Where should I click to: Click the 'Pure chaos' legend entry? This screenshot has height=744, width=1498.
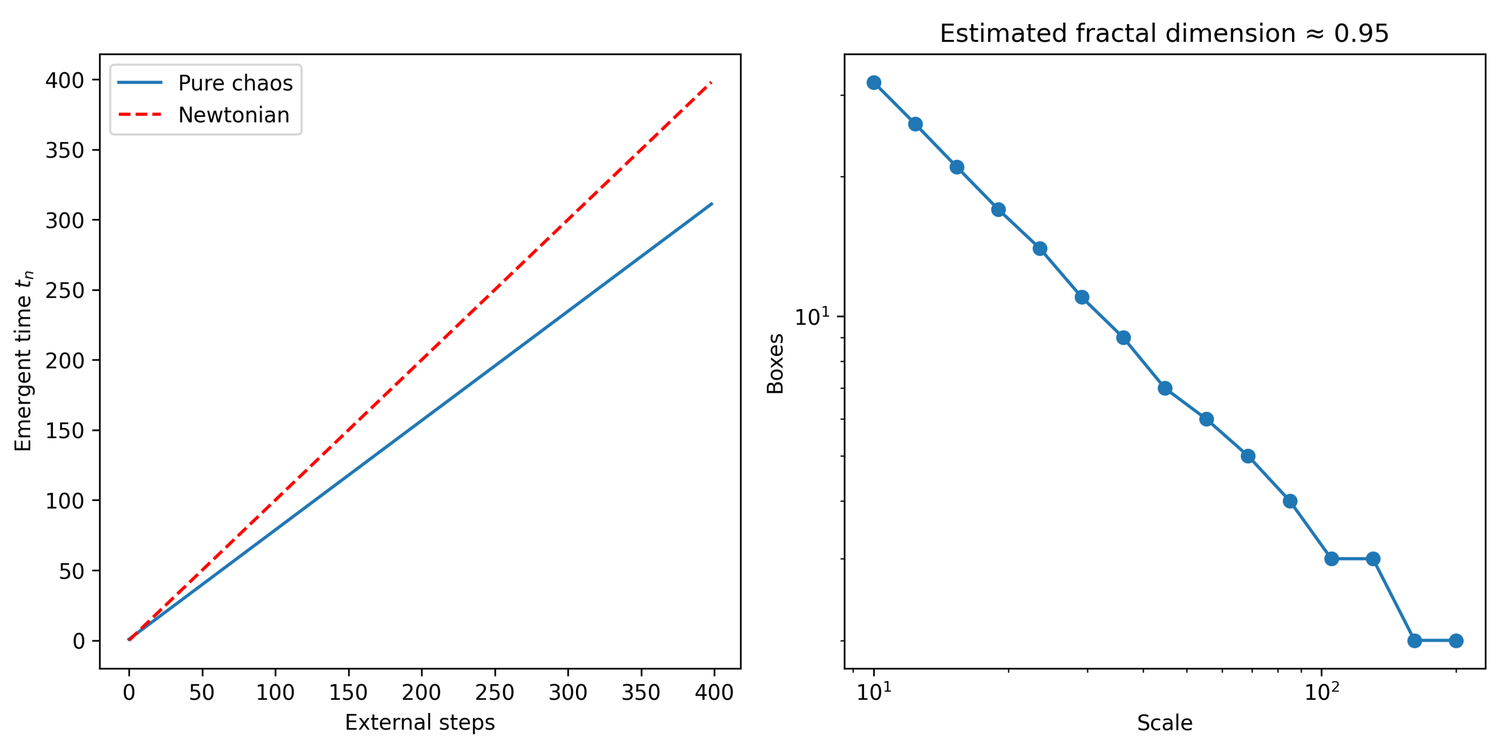point(235,83)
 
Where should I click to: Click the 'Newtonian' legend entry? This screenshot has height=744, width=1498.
point(233,115)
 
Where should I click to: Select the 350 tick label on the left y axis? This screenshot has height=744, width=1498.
point(65,151)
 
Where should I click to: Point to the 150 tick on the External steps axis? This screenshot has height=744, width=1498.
point(348,692)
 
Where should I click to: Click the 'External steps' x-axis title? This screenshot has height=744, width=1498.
point(420,722)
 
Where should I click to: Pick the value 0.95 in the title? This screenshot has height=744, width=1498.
point(1361,33)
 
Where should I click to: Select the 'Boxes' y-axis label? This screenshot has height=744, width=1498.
point(775,364)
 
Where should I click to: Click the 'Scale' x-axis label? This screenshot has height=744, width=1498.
point(1165,723)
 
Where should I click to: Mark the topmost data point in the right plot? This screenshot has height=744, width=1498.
point(874,82)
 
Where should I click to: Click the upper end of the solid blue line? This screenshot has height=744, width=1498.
point(712,204)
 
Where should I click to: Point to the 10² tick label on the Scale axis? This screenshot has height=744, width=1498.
point(1321,692)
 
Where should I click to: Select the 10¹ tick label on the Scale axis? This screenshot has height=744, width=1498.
point(874,692)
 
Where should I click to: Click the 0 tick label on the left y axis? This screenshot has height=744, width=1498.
point(78,641)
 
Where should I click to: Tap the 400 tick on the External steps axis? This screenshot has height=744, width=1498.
point(714,692)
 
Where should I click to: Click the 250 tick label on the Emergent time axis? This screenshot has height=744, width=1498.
point(65,291)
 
